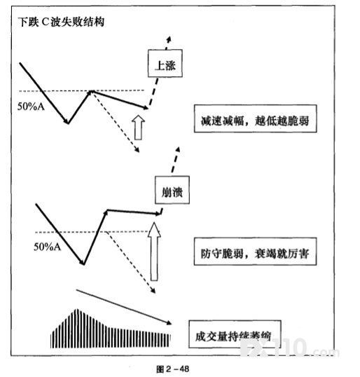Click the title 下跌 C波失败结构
tap(61, 22)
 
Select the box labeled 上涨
tap(165, 64)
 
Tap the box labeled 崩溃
tap(172, 190)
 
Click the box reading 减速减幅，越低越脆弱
tap(255, 118)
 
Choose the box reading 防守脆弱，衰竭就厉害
tap(255, 252)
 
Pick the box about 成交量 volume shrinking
tap(235, 334)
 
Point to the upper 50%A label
tap(31, 107)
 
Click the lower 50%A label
tap(48, 247)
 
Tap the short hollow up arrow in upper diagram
tap(138, 128)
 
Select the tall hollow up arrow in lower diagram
tap(154, 252)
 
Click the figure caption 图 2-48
tap(172, 369)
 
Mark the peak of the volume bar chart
tap(77, 309)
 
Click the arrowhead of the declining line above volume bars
tap(169, 322)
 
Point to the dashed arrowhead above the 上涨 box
tap(169, 39)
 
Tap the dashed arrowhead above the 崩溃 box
tap(178, 150)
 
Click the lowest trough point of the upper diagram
tap(68, 123)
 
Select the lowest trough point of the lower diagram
tap(83, 263)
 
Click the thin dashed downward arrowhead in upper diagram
tap(137, 150)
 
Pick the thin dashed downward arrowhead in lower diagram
tap(153, 291)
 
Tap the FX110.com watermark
tap(289, 348)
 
